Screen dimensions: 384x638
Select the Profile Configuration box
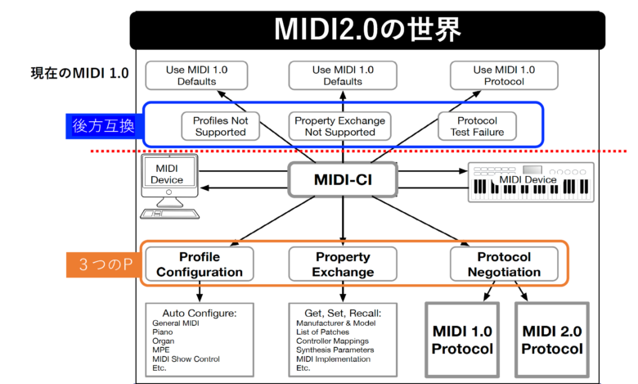coord(200,263)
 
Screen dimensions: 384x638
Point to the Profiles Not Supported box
coord(219,125)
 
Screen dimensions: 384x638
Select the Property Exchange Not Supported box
coord(340,125)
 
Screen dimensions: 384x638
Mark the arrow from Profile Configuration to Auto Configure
coord(200,291)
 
